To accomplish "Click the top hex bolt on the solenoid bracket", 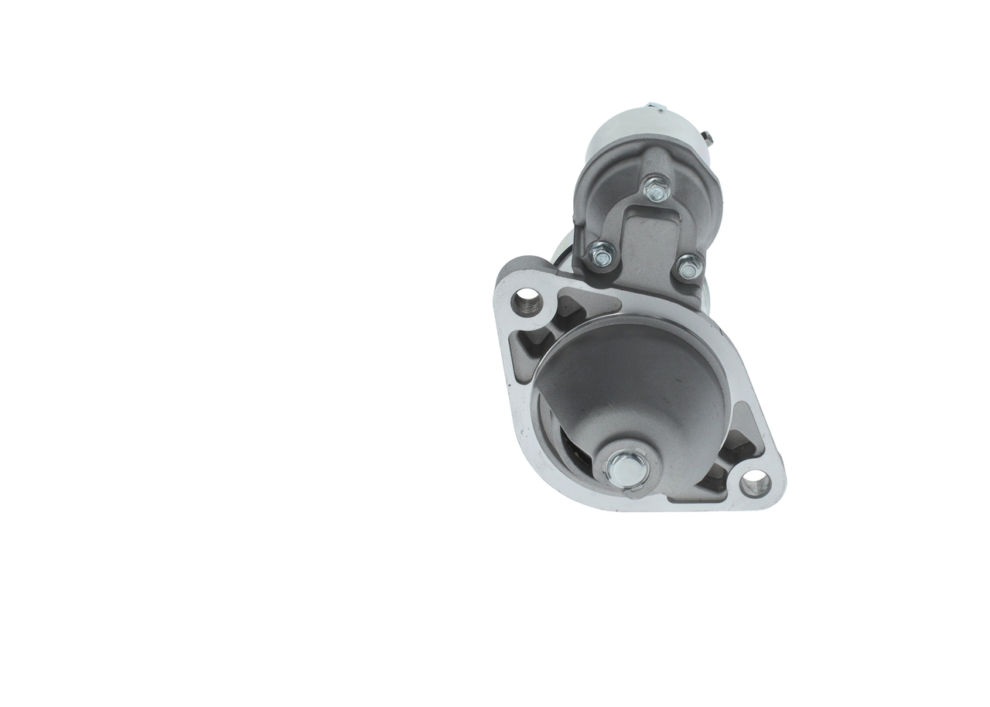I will pyautogui.click(x=656, y=187).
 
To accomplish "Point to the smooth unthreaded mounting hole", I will pyautogui.click(x=754, y=483).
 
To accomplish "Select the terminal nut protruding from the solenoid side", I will pyautogui.click(x=708, y=138).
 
